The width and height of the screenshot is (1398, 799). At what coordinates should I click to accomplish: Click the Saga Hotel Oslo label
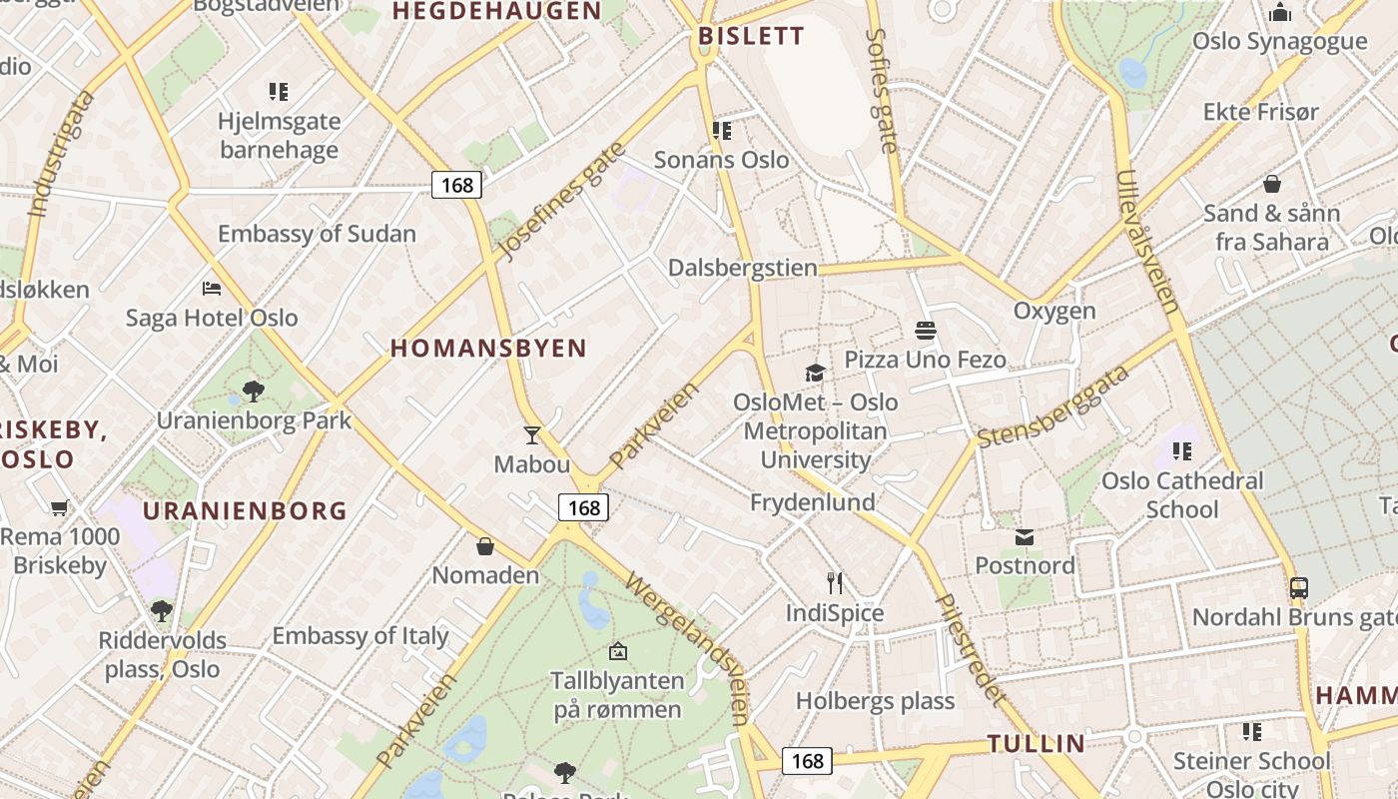coord(212,318)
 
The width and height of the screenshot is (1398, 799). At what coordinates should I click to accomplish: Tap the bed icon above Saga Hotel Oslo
coord(212,289)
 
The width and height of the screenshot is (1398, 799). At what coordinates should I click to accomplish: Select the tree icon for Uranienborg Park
coord(254,391)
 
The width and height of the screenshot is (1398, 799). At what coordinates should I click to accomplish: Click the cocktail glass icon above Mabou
coord(531,434)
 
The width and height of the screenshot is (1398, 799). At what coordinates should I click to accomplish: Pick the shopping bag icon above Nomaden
coord(485,546)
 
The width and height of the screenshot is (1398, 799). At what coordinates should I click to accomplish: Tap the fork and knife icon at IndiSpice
coord(835,582)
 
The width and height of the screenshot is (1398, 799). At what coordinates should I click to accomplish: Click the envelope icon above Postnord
coord(1025,537)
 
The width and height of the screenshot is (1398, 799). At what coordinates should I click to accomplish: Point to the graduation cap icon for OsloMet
coord(816,374)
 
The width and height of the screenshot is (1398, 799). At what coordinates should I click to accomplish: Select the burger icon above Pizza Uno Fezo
coord(925,330)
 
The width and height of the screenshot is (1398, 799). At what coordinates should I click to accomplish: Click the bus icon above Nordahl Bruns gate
coord(1298,587)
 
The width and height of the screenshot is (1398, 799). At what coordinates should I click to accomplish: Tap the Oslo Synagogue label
coord(1280,41)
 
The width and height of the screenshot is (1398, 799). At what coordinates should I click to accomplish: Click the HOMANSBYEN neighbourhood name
coord(488,349)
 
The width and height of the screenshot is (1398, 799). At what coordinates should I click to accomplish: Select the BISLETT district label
coord(751,36)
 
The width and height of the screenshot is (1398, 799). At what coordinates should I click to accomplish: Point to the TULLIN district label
coord(1036,743)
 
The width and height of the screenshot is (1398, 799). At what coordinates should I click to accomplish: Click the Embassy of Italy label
coord(360,635)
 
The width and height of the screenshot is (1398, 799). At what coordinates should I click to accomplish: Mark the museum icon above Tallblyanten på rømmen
coord(618,651)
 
